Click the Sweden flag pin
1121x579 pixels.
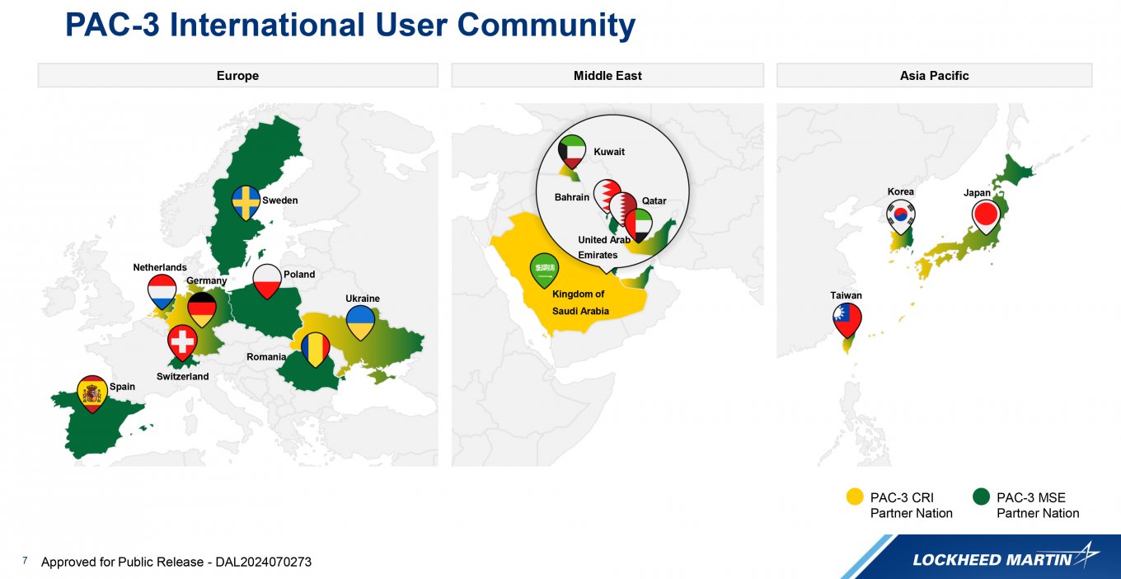pos(246,202)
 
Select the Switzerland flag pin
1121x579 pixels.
pos(182,342)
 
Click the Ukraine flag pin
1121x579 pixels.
pos(360,322)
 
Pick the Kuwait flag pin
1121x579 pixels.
pos(572,151)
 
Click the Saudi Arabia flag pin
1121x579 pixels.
pos(544,270)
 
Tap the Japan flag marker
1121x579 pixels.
pos(986,217)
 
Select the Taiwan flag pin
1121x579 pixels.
pos(847,320)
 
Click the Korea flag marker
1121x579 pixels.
pos(901,217)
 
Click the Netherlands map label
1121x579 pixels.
pos(160,267)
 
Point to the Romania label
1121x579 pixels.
pos(266,357)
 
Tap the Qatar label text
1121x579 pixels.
pos(654,201)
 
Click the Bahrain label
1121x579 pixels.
pos(571,197)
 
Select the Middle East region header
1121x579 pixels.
pos(607,76)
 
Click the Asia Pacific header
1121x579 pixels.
pos(935,76)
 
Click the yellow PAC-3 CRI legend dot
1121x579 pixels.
pos(855,497)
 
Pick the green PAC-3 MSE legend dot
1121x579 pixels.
pos(982,497)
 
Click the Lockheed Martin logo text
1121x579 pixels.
pos(992,560)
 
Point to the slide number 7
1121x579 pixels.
pos(25,561)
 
